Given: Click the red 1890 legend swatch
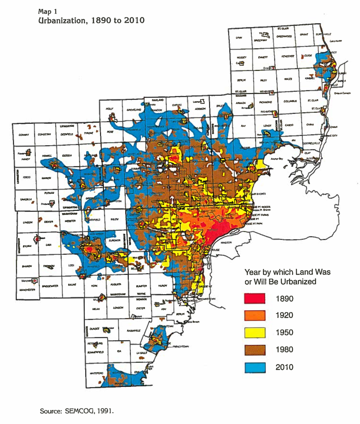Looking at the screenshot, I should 255,299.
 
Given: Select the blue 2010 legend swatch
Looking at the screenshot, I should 255,367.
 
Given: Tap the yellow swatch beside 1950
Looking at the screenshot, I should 255,333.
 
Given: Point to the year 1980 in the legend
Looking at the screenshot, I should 284,350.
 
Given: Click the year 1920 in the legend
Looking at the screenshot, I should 284,316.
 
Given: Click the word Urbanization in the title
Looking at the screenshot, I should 62,20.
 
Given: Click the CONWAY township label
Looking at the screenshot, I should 24,135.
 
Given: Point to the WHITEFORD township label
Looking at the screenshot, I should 96,373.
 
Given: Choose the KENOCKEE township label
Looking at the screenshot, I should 288,56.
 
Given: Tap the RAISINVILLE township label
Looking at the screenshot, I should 133,331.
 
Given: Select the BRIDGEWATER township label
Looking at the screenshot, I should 50,286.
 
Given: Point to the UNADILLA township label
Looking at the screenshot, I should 26,199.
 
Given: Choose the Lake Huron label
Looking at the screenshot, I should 336,41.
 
